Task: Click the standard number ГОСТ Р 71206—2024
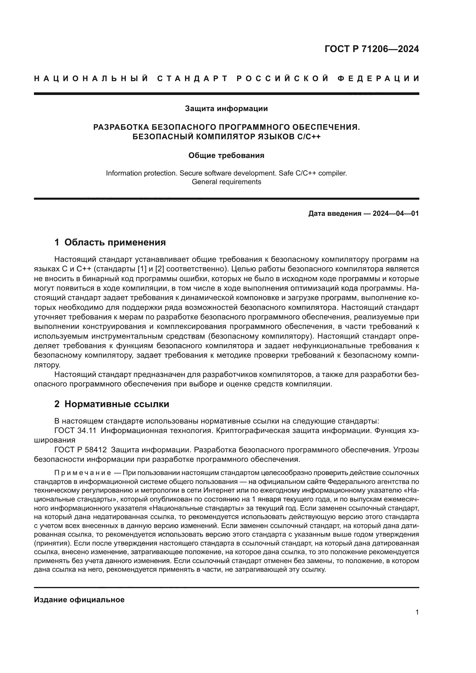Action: (372, 49)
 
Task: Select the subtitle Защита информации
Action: (226, 109)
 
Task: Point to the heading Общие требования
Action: (226, 156)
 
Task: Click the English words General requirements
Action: (226, 182)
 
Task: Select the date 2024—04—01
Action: (396, 214)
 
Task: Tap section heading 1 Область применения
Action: (110, 242)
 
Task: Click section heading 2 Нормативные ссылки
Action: (112, 404)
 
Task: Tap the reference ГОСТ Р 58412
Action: (80, 450)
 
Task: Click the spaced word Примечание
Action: (82, 473)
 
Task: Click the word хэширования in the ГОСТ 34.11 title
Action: (54, 440)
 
